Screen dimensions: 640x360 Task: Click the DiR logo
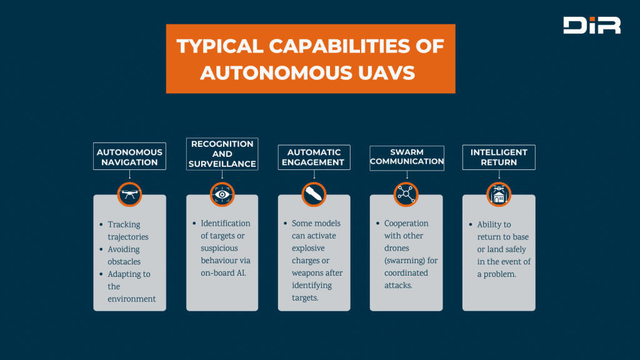[592, 25]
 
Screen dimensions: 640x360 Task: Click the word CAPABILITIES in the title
[339, 46]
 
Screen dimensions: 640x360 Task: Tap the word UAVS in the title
[386, 73]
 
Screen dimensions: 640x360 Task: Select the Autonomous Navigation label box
[129, 156]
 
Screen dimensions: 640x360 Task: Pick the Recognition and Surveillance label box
[222, 154]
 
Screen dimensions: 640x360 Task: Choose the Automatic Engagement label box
[314, 157]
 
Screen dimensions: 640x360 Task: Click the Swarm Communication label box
[407, 158]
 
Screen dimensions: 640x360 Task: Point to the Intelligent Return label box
[499, 157]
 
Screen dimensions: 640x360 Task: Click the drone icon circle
[129, 194]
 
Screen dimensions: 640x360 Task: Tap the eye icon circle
[222, 194]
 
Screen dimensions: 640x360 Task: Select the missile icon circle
[314, 194]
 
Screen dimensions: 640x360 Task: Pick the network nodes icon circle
[406, 194]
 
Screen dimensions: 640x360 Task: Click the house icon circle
[499, 194]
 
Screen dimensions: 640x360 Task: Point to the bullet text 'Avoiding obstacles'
[124, 256]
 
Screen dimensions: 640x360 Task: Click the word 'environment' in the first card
[132, 299]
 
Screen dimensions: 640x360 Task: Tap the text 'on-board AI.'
[223, 273]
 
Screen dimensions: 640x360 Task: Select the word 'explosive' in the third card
[308, 248]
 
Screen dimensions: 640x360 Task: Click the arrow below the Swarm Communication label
[407, 175]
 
